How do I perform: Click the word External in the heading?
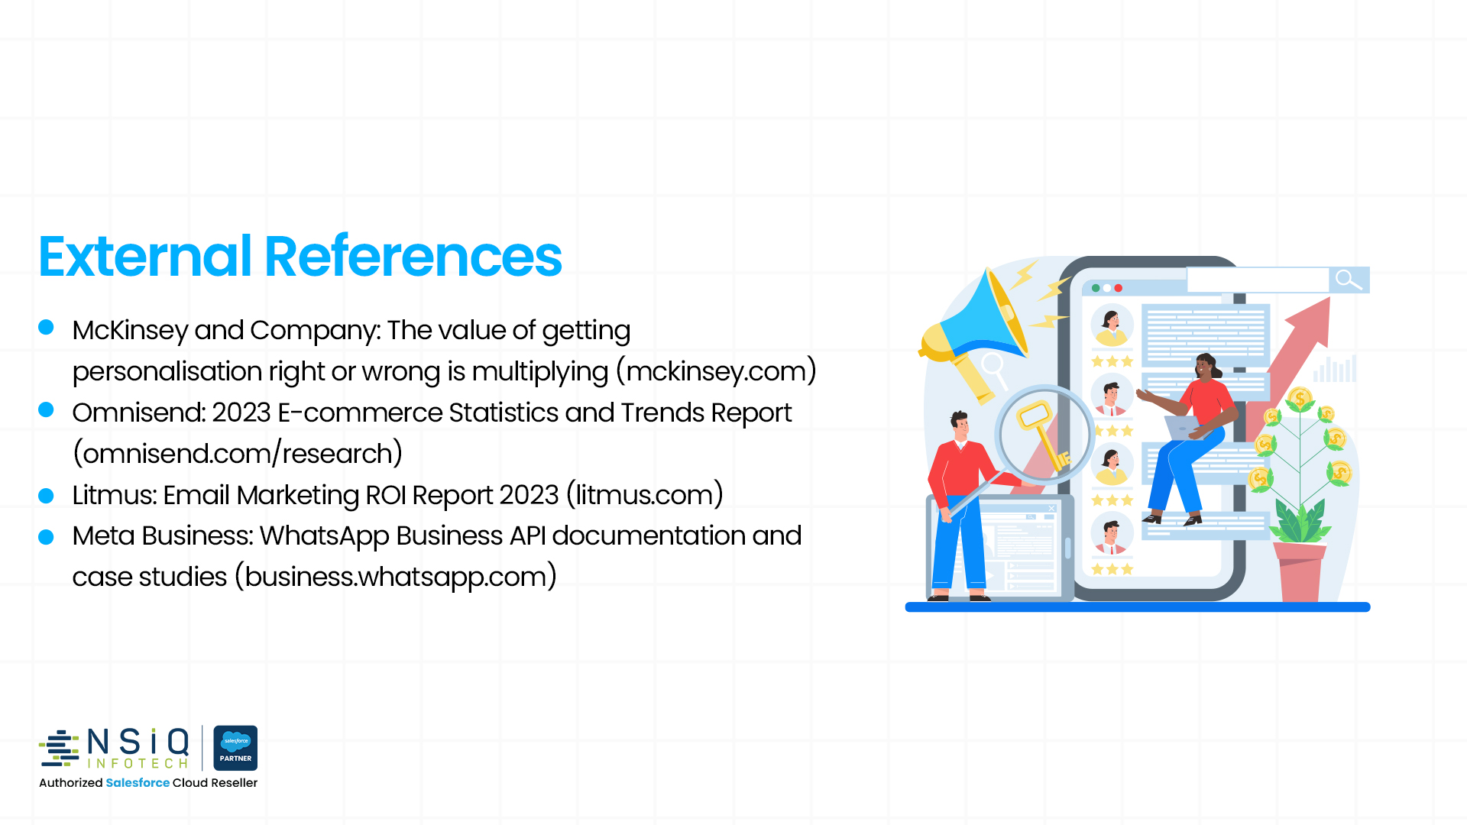pyautogui.click(x=144, y=257)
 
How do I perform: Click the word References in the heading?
pyautogui.click(x=413, y=257)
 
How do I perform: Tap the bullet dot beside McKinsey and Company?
pyautogui.click(x=46, y=327)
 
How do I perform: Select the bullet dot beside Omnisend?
pyautogui.click(x=46, y=409)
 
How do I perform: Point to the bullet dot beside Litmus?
pyautogui.click(x=46, y=496)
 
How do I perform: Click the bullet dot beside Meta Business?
pyautogui.click(x=46, y=537)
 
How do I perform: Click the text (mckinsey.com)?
pyautogui.click(x=716, y=371)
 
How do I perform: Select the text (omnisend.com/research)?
pyautogui.click(x=238, y=454)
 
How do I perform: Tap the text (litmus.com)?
pyautogui.click(x=645, y=495)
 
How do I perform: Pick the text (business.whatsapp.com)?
pyautogui.click(x=395, y=577)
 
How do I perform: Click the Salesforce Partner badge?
pyautogui.click(x=235, y=748)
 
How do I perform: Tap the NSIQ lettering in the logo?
pyautogui.click(x=138, y=741)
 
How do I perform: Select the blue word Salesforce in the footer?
pyautogui.click(x=138, y=783)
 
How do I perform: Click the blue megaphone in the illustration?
pyautogui.click(x=982, y=321)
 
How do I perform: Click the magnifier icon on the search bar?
pyautogui.click(x=1349, y=280)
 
